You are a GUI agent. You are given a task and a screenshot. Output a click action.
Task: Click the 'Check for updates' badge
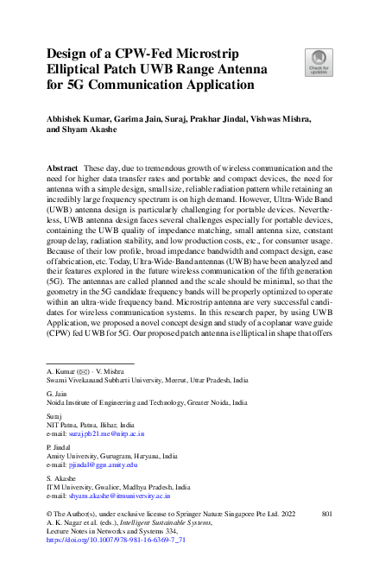coord(317,61)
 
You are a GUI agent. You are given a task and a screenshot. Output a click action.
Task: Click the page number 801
coord(326,514)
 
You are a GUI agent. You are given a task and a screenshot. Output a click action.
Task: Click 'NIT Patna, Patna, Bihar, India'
coord(91,426)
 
